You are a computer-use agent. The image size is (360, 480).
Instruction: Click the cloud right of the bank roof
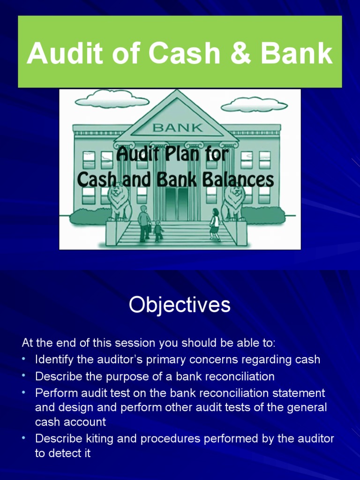click(x=254, y=105)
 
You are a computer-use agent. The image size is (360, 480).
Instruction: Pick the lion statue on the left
click(x=120, y=202)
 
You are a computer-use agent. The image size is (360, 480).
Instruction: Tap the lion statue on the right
click(x=233, y=202)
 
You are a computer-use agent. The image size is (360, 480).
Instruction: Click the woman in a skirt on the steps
click(x=215, y=224)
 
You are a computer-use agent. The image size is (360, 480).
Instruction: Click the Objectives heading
click(x=180, y=305)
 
